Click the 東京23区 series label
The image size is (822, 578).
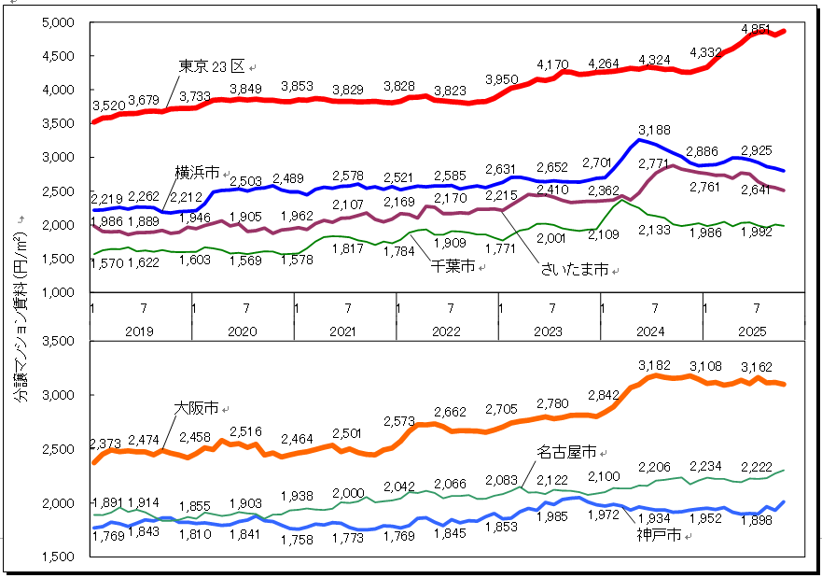coord(211,65)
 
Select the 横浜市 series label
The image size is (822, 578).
coord(197,173)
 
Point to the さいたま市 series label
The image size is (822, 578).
coord(574,269)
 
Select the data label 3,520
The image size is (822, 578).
coord(108,105)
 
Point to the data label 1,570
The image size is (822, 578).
coord(106,264)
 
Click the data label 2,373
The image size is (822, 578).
coord(106,443)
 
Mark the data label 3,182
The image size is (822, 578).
coord(655,365)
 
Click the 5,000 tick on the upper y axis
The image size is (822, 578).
coord(58,23)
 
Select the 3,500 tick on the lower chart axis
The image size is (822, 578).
coord(58,342)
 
